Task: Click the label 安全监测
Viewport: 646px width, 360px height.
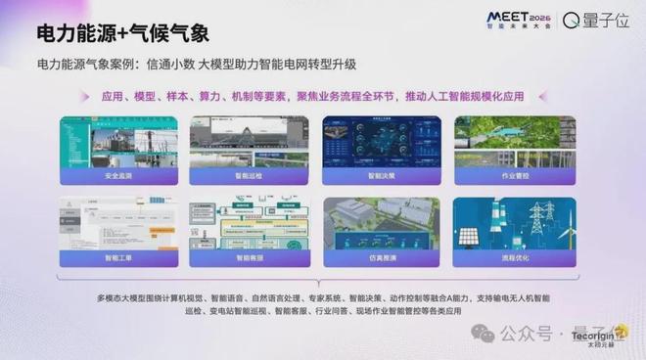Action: (119, 177)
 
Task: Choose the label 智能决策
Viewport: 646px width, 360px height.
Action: (381, 177)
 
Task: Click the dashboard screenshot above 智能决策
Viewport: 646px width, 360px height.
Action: (381, 142)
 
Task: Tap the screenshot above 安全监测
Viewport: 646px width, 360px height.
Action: (119, 142)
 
